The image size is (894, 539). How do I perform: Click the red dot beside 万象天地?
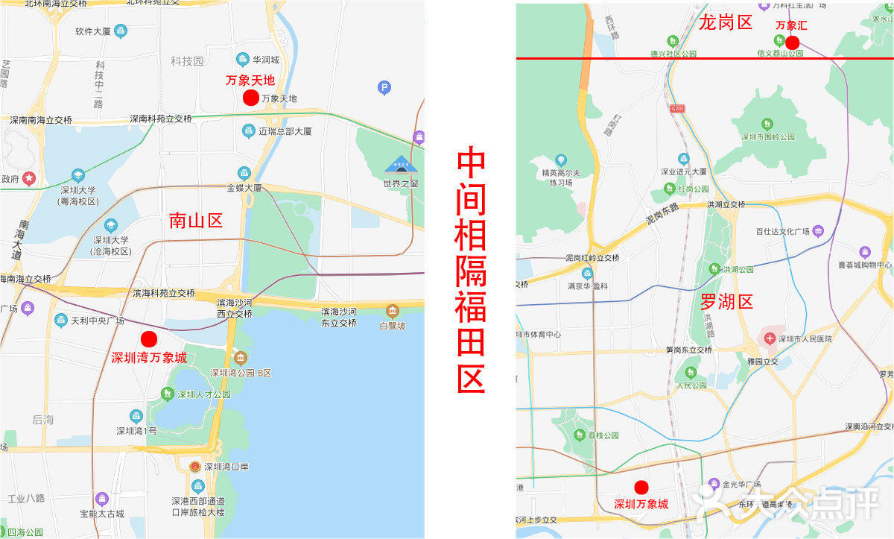(x=251, y=98)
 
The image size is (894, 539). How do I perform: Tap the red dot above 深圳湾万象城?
(x=149, y=338)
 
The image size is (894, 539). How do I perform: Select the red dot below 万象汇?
(x=792, y=42)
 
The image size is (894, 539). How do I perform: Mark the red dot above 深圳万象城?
(x=641, y=488)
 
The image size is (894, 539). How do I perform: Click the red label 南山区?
(x=195, y=220)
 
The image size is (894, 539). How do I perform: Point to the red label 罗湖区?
(x=726, y=302)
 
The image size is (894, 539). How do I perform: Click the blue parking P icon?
(x=384, y=88)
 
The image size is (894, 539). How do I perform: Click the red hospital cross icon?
(x=768, y=338)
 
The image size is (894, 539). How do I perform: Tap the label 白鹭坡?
(x=392, y=326)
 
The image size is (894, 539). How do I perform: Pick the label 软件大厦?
(x=93, y=32)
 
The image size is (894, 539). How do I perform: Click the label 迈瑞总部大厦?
(x=285, y=131)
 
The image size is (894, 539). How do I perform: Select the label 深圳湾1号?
(x=136, y=431)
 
